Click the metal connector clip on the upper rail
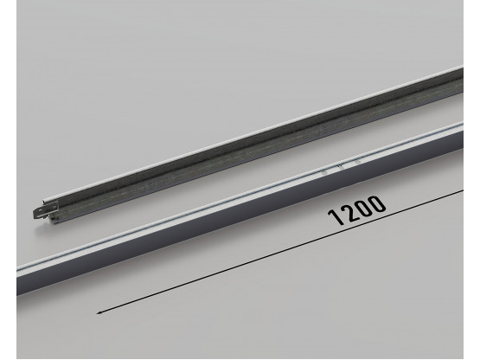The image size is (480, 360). [x=46, y=209]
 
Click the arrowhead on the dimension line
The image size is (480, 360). [x=100, y=310]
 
